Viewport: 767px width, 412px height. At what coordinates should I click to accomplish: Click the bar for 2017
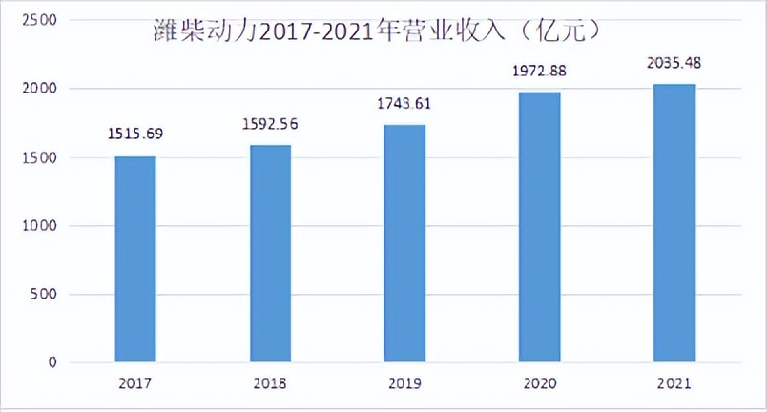coord(135,259)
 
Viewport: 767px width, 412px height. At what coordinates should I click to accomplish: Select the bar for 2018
coord(270,254)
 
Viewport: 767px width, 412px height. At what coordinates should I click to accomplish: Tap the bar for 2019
coord(404,243)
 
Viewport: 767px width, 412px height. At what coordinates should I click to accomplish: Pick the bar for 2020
coord(539,227)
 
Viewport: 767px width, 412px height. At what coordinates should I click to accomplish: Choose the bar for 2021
coord(674,223)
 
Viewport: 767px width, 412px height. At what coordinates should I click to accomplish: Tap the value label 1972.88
coord(539,70)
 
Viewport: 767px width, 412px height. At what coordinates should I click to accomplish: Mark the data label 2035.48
coord(674,63)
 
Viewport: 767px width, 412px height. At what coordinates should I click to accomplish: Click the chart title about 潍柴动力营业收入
coord(376,32)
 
